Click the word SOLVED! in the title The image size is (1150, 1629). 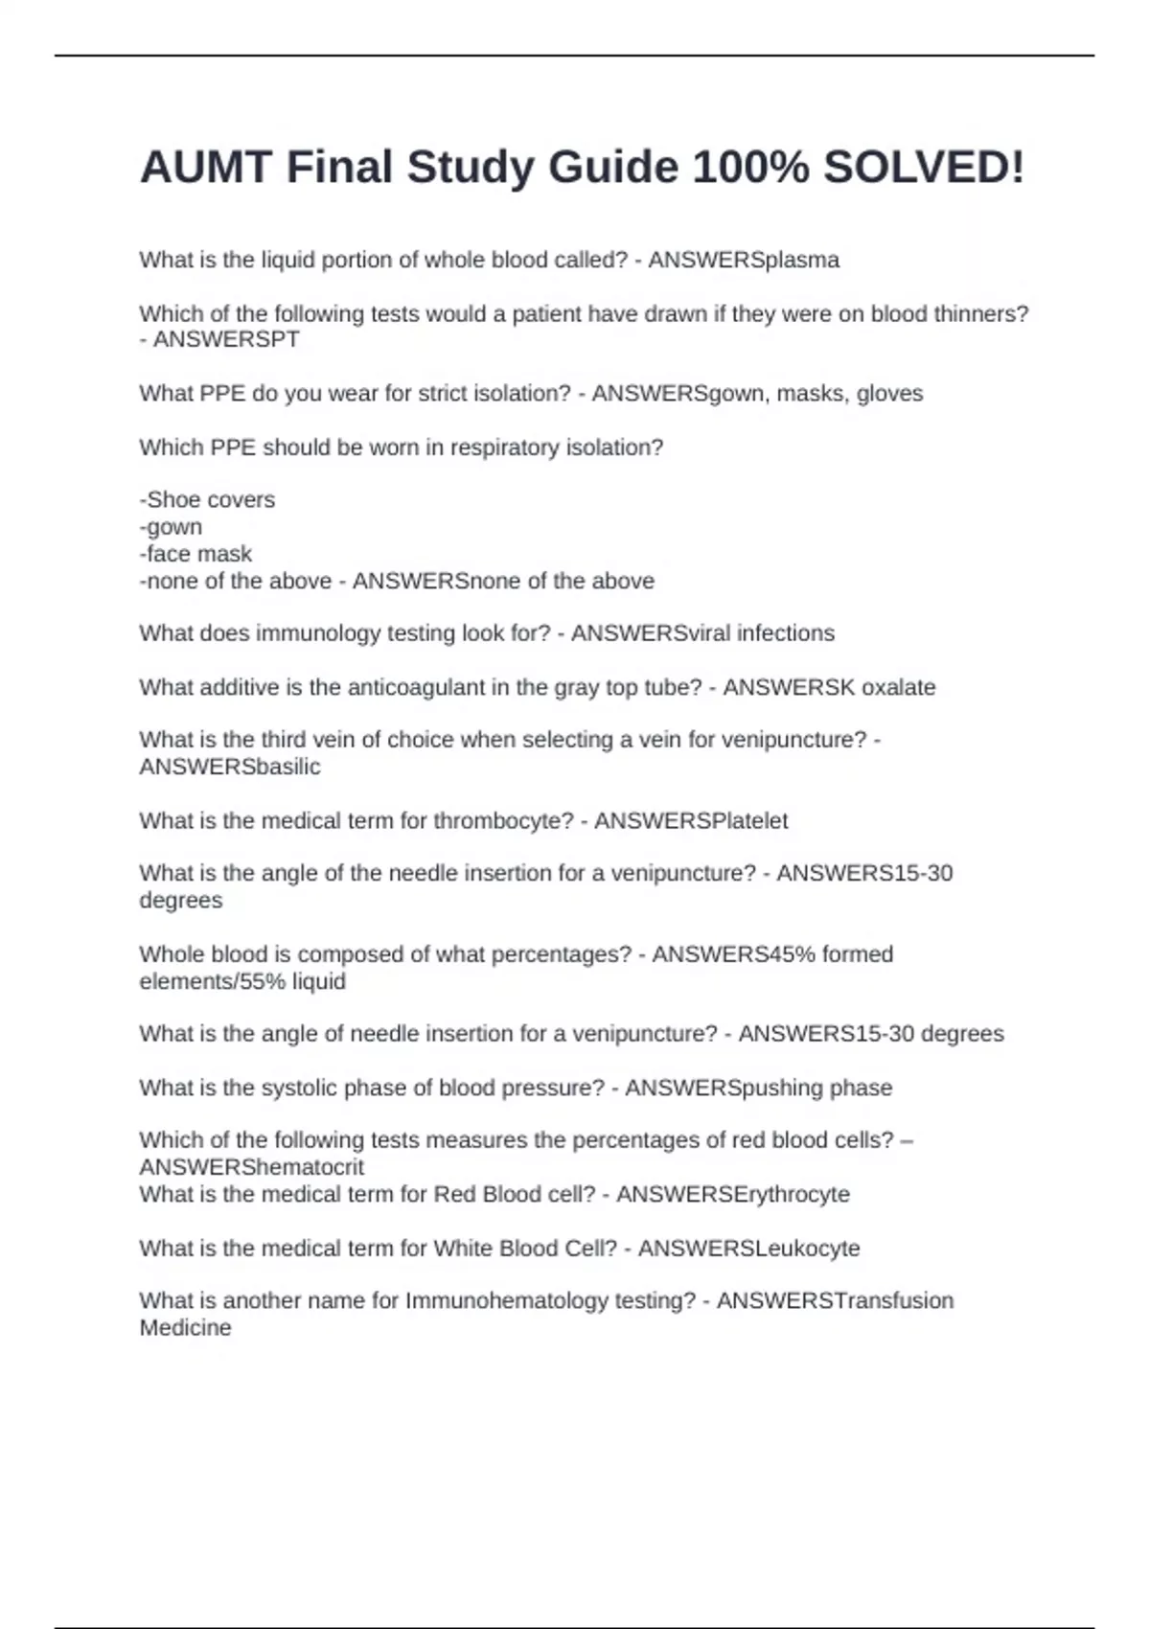click(x=924, y=168)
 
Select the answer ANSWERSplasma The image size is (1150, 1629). click(x=744, y=261)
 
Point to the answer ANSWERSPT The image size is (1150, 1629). click(x=226, y=340)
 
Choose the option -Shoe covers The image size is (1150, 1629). click(x=207, y=500)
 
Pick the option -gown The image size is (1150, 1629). click(x=171, y=527)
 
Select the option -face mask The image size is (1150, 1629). click(x=195, y=554)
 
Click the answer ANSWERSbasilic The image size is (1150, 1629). click(x=230, y=767)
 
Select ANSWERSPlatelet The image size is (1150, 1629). click(x=691, y=821)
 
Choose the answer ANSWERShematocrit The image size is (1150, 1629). click(x=251, y=1167)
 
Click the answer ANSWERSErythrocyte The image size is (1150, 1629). click(x=733, y=1194)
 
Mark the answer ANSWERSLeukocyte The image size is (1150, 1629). click(x=749, y=1249)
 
